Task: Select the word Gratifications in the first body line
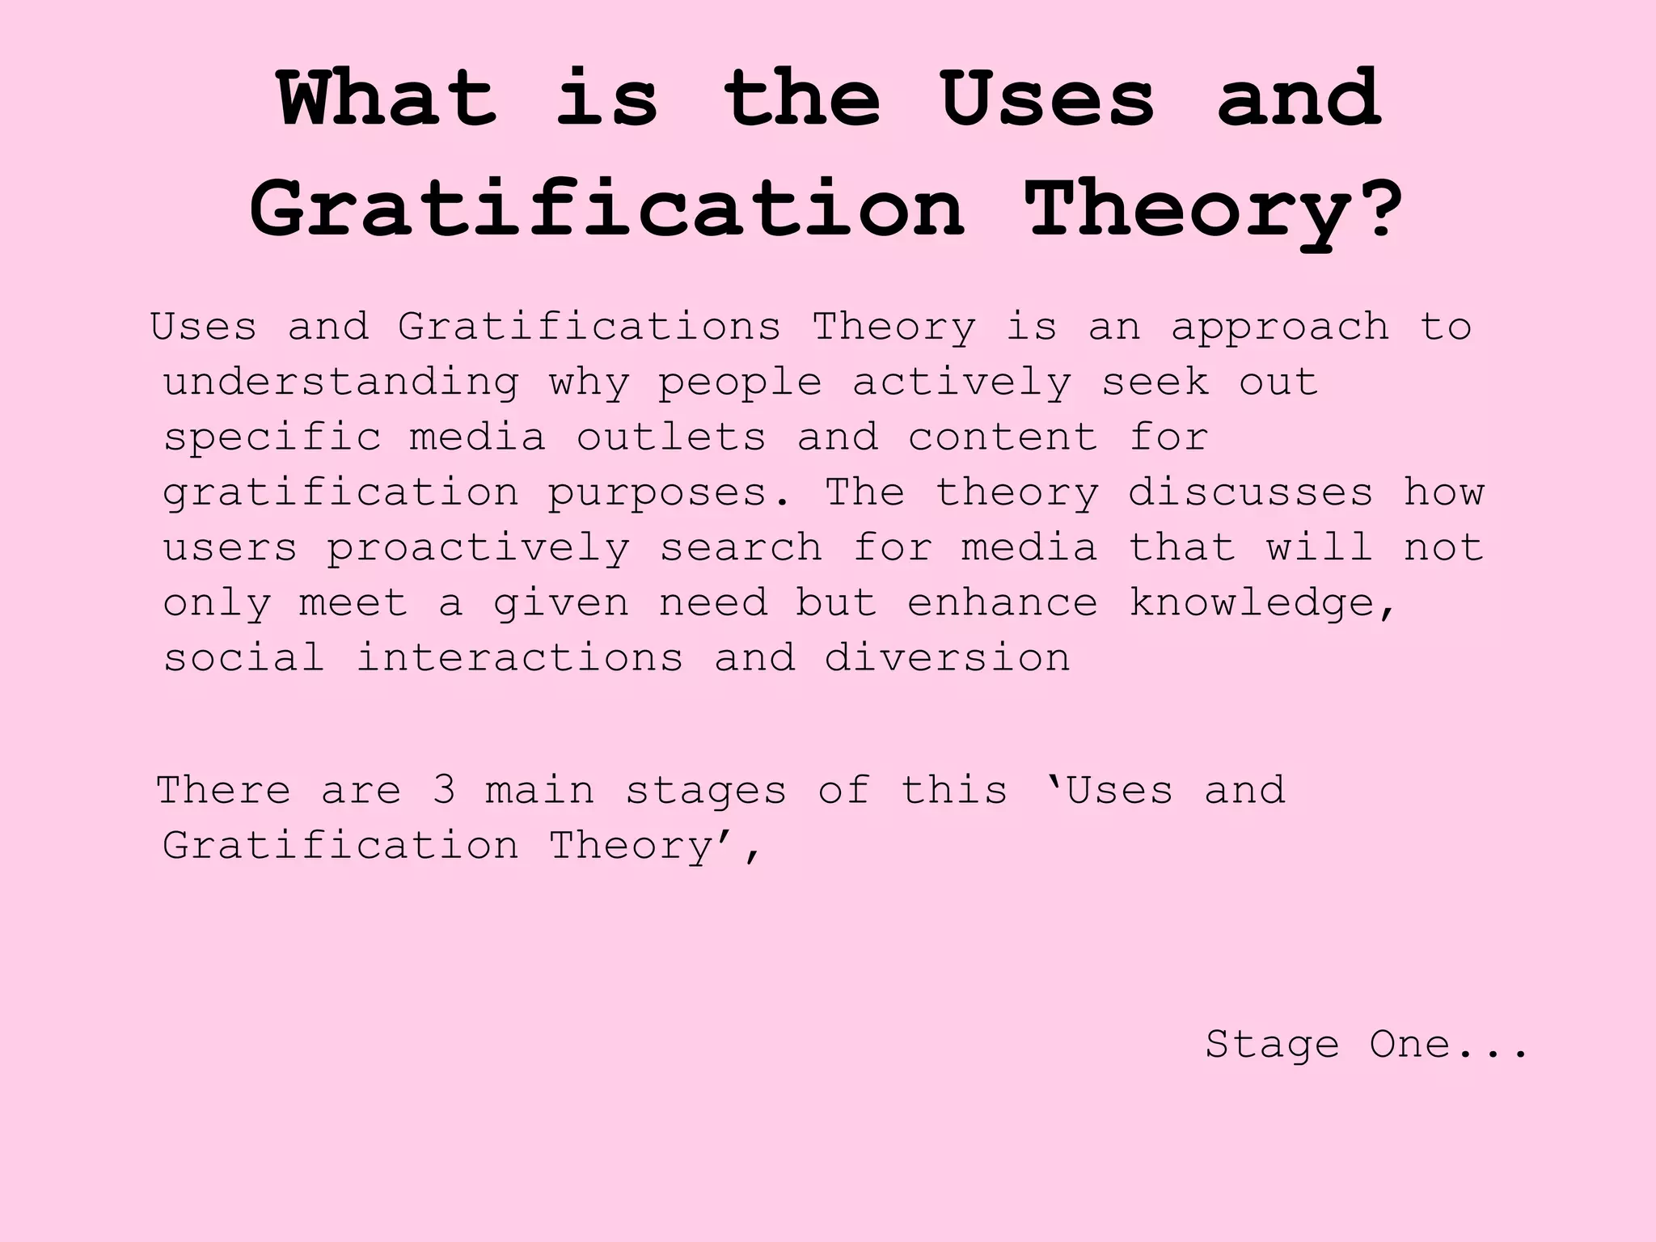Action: (x=589, y=327)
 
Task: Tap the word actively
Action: (x=962, y=382)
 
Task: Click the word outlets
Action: (x=671, y=437)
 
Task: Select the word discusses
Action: (x=1251, y=492)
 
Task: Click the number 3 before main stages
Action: (x=444, y=790)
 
